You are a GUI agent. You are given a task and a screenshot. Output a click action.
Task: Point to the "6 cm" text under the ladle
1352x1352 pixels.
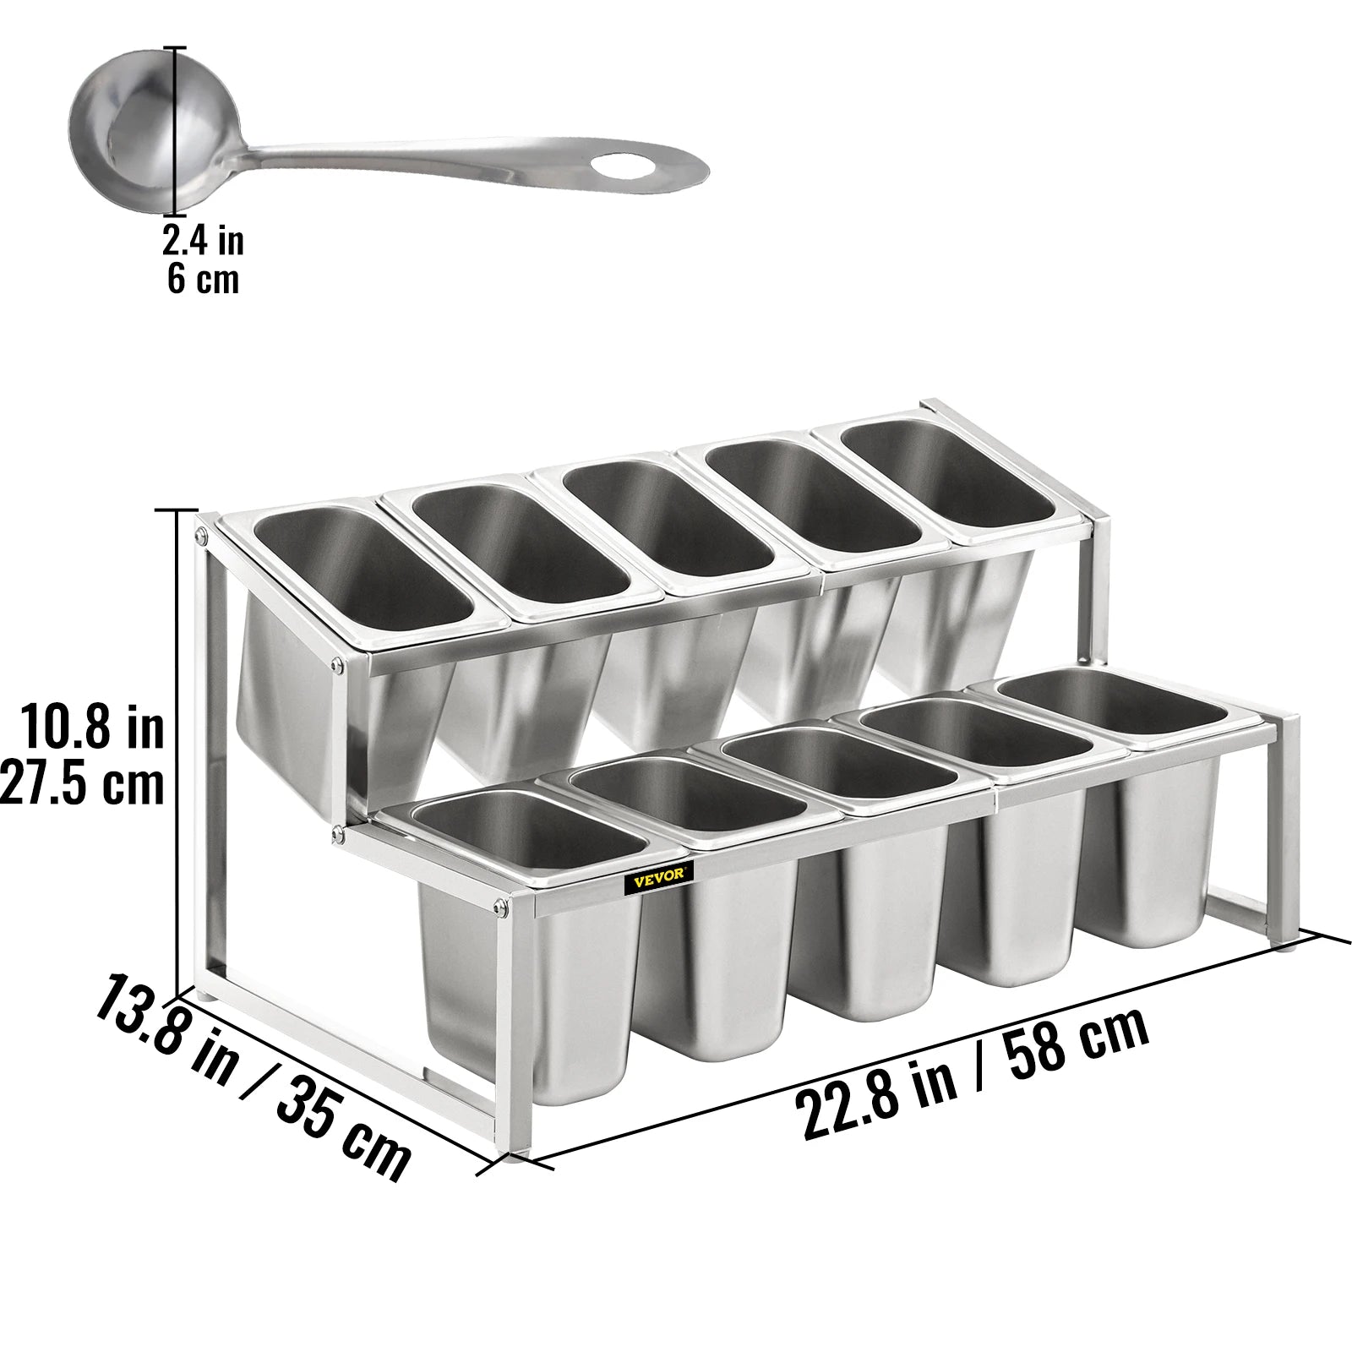(204, 279)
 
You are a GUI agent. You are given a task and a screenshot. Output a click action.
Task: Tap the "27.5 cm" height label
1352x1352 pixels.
(82, 785)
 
